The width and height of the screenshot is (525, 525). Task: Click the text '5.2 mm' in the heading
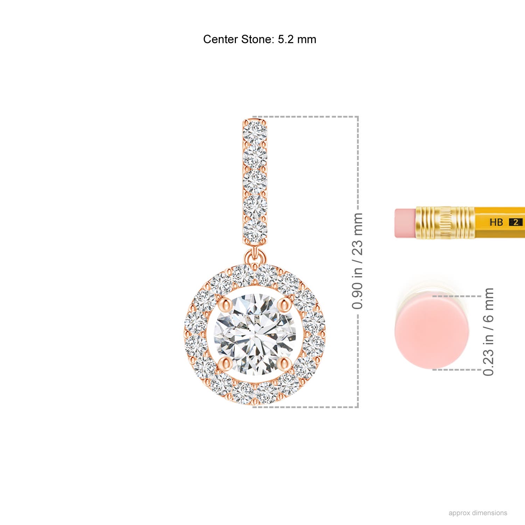point(297,39)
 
